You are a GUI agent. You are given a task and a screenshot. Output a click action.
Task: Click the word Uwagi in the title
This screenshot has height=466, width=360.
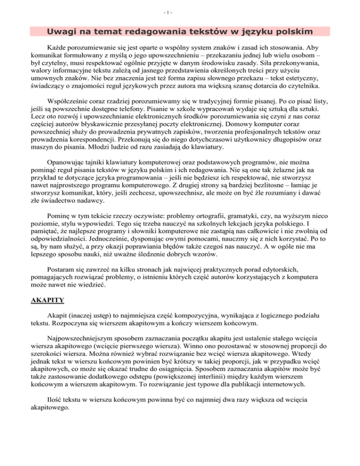pyautogui.click(x=61, y=32)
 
